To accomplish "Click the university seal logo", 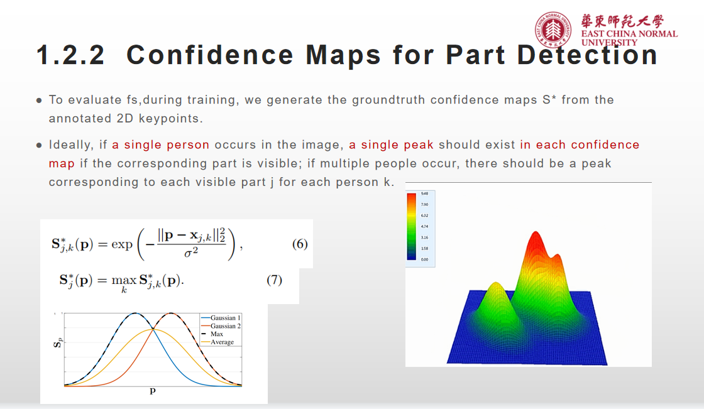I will pos(555,30).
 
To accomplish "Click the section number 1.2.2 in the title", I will pos(70,55).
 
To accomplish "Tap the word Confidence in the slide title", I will pos(210,55).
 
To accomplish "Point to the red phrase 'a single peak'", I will pos(391,145).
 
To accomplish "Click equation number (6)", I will pos(300,244).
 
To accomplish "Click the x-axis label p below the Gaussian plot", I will pos(152,391).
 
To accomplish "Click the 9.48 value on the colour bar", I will pos(425,194).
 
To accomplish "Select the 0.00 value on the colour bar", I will pos(425,259).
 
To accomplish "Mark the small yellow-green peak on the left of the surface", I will pos(495,289).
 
